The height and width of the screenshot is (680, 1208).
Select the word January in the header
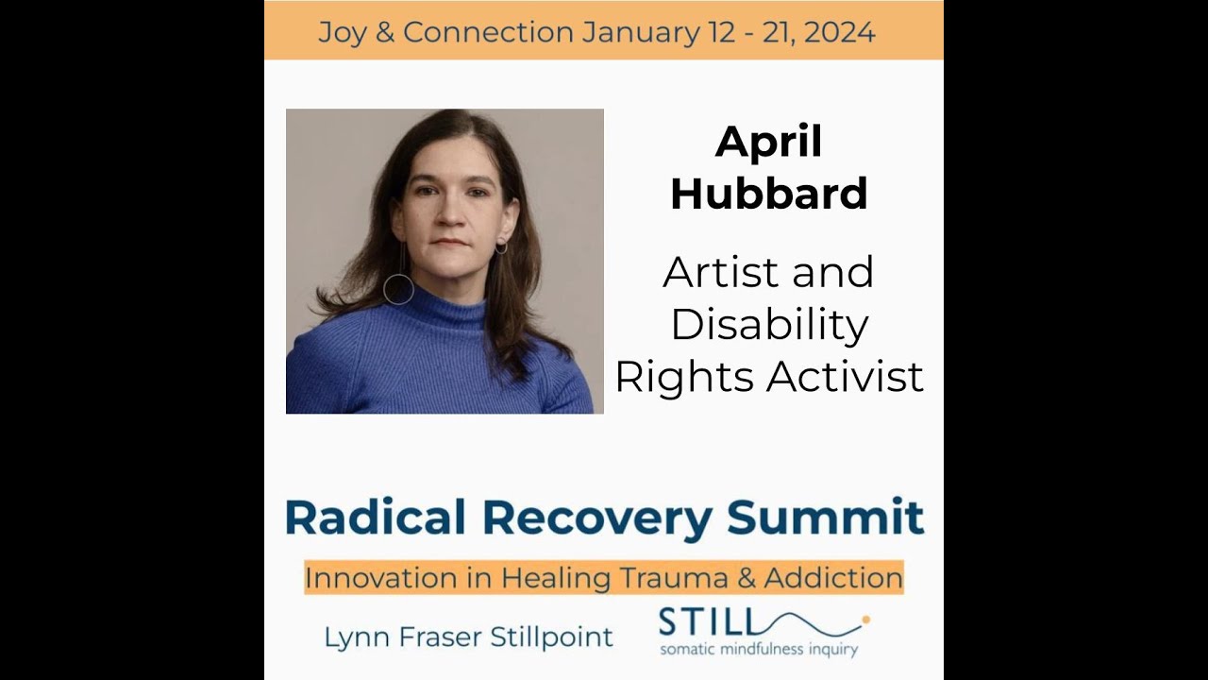click(640, 33)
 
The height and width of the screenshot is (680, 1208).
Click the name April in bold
click(768, 143)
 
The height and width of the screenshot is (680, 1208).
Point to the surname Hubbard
click(768, 194)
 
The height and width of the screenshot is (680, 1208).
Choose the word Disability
click(768, 325)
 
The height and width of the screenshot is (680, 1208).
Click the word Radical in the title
click(375, 518)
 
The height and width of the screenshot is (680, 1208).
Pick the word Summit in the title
click(825, 518)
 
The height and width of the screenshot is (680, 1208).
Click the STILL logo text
click(707, 623)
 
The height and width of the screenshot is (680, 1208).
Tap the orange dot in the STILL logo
click(865, 620)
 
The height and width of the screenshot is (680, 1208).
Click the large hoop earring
click(398, 289)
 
